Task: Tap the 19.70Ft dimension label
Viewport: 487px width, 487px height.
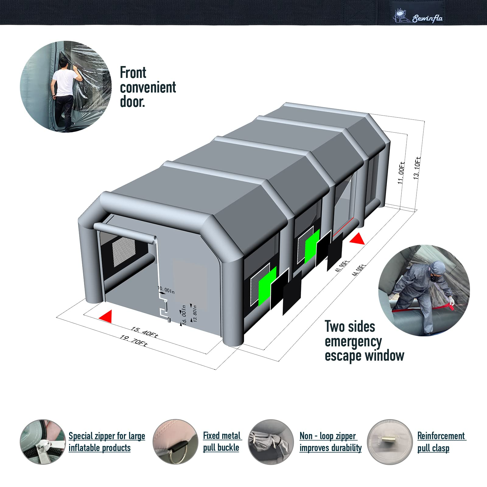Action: click(134, 341)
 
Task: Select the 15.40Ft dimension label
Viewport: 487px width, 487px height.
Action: click(145, 332)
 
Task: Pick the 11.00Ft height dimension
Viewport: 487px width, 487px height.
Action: click(401, 173)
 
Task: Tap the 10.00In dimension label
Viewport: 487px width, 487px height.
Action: click(166, 290)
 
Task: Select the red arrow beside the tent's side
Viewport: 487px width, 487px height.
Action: click(357, 238)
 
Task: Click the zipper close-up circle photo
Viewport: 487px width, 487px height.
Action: click(43, 442)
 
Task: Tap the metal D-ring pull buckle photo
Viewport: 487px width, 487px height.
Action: click(175, 442)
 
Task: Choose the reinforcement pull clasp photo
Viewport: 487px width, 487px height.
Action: click(390, 442)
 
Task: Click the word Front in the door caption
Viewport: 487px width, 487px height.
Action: click(133, 73)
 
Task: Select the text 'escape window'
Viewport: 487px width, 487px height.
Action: click(364, 356)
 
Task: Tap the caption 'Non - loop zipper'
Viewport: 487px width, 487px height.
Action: click(328, 436)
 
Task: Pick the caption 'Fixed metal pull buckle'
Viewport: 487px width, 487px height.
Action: click(222, 441)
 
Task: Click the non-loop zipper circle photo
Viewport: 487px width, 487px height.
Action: click(271, 442)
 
